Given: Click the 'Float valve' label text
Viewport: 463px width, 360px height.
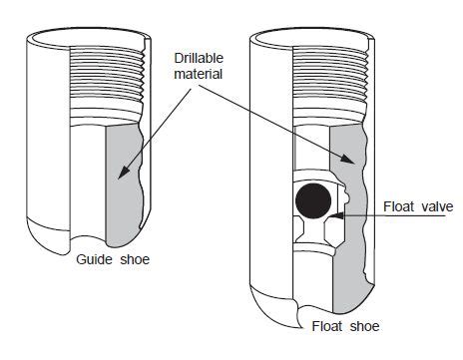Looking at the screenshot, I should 418,206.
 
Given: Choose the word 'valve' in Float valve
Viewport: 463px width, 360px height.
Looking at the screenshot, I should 436,206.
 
